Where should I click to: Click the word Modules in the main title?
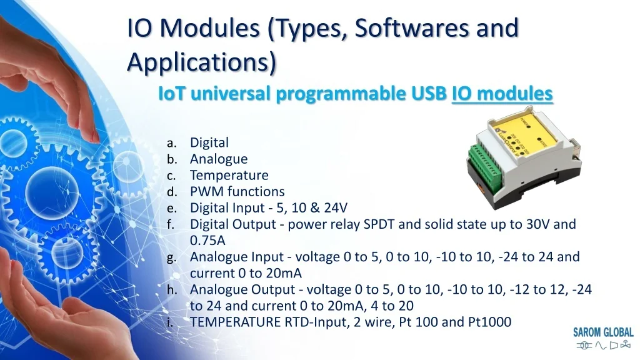pos(209,28)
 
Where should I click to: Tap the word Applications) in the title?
pos(202,62)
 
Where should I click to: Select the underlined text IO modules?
pos(502,94)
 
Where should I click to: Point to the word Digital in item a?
pos(209,142)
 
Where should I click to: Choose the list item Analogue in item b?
pos(219,159)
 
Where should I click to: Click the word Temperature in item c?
pos(229,176)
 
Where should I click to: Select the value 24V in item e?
pos(336,207)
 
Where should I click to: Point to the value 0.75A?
pos(207,241)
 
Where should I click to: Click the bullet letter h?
pos(172,289)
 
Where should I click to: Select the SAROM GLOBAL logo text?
pos(603,332)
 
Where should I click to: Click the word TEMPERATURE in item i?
pos(236,322)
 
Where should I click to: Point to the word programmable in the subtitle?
pos(341,94)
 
